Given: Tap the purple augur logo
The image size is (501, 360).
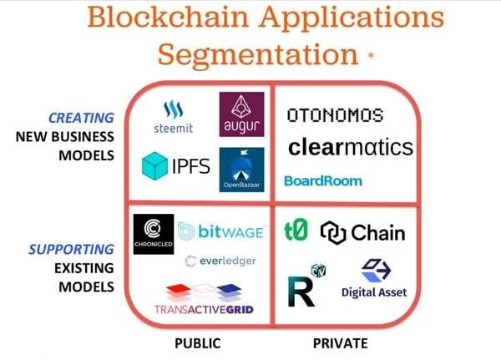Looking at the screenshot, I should (241, 114).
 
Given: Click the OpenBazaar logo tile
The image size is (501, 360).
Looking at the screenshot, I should (241, 169).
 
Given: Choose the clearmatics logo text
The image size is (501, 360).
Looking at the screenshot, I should (351, 148).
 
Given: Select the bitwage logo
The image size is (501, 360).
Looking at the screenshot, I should (221, 230).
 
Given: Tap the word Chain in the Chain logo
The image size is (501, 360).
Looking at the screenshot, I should (378, 232).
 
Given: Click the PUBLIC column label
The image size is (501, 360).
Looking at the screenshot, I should (197, 343).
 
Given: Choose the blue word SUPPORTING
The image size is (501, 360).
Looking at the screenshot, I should (71, 250).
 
